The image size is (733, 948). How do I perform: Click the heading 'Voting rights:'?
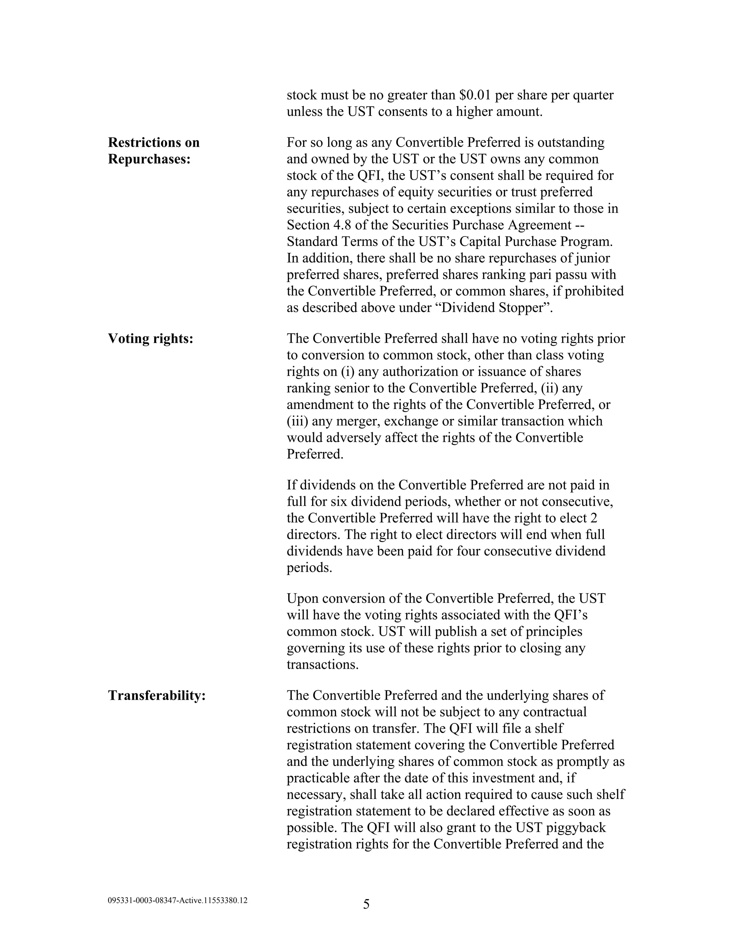click(150, 338)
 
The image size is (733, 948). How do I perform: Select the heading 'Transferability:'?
click(156, 695)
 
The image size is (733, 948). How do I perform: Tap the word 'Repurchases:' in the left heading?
click(149, 159)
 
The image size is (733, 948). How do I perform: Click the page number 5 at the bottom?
click(366, 905)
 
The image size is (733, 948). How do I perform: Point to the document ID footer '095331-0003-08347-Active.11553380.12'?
click(177, 901)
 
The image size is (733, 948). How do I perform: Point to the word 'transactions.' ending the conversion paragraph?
click(322, 665)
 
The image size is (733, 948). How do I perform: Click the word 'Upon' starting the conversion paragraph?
click(302, 598)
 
